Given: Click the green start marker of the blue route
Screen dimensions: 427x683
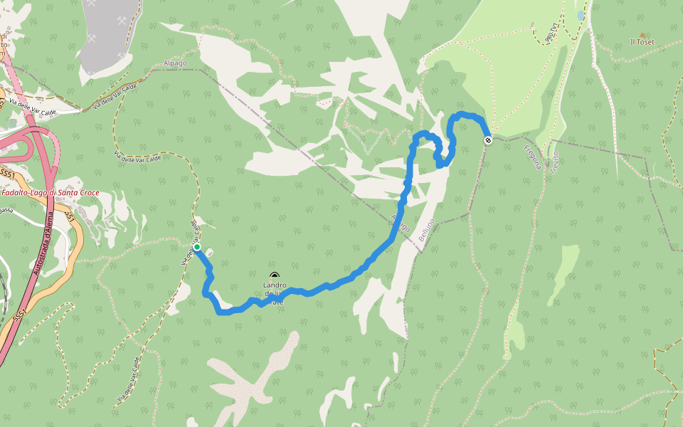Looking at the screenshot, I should pyautogui.click(x=197, y=248).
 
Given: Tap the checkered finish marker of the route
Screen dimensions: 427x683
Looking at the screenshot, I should pyautogui.click(x=488, y=140).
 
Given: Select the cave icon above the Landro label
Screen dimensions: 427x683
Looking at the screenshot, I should pyautogui.click(x=275, y=276).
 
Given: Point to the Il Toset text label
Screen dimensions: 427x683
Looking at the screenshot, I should pyautogui.click(x=642, y=42).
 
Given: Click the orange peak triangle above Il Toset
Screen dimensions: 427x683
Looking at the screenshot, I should pyautogui.click(x=642, y=34).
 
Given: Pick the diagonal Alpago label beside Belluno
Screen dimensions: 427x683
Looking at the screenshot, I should pyautogui.click(x=401, y=222).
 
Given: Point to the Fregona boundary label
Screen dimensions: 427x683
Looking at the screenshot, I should pyautogui.click(x=533, y=157).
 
